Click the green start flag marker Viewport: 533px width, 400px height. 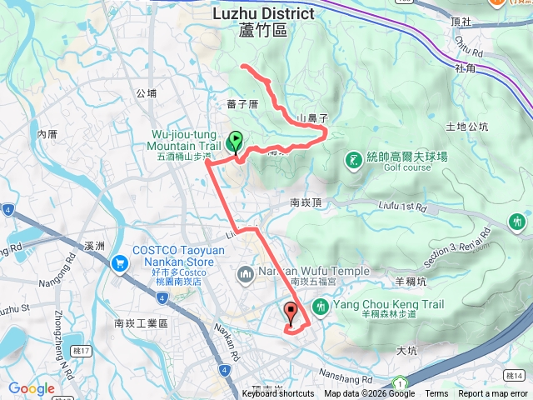point(235,141)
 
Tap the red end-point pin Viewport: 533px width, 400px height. point(291,312)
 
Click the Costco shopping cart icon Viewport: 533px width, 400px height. point(120,264)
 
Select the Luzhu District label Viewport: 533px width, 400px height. point(262,14)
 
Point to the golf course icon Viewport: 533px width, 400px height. point(353,158)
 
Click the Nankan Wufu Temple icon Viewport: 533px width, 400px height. point(245,272)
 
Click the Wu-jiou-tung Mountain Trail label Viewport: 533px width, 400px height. point(182,140)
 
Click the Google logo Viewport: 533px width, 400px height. point(32,388)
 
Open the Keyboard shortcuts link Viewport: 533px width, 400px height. point(278,394)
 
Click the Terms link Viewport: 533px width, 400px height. point(436,394)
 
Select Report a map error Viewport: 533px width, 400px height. point(492,394)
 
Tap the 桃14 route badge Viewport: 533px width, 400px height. point(516,376)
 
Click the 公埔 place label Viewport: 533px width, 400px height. point(146,93)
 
